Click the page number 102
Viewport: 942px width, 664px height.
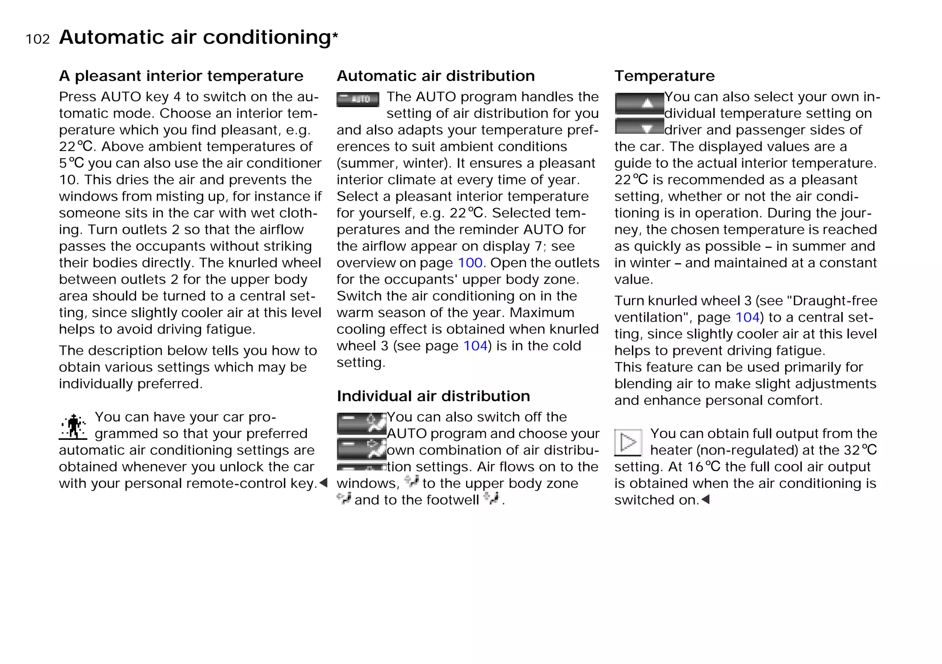click(x=38, y=39)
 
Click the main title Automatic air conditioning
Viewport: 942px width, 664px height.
click(x=195, y=37)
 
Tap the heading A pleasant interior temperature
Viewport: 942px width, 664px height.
click(x=181, y=76)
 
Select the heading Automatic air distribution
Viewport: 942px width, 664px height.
click(x=436, y=76)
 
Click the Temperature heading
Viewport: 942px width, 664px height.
click(x=664, y=76)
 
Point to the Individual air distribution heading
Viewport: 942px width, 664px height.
click(x=433, y=396)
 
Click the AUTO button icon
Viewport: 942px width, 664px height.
click(x=358, y=99)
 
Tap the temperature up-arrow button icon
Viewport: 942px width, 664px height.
click(x=639, y=104)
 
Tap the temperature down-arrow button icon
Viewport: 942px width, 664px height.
click(x=639, y=127)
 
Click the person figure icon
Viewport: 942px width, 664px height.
click(x=73, y=427)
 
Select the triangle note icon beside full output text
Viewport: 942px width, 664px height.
click(x=628, y=443)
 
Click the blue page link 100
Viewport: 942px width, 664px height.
click(x=470, y=263)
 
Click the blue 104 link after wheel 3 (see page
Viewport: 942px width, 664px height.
click(x=475, y=346)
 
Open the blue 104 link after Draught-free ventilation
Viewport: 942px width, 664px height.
click(x=747, y=318)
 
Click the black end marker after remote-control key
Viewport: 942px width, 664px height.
click(x=323, y=483)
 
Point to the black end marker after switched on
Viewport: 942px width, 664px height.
click(x=706, y=499)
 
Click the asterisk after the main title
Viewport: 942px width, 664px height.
click(x=335, y=35)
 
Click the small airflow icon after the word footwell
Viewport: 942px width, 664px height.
click(x=491, y=498)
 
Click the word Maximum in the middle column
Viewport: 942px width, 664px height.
click(x=542, y=313)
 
